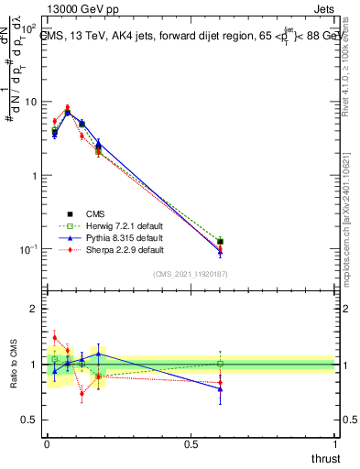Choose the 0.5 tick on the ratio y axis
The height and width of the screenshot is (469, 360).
pos(29,420)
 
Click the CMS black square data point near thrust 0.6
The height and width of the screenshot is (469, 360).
pos(220,242)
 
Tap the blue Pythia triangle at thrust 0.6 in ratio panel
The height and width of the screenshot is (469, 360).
pos(220,388)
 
